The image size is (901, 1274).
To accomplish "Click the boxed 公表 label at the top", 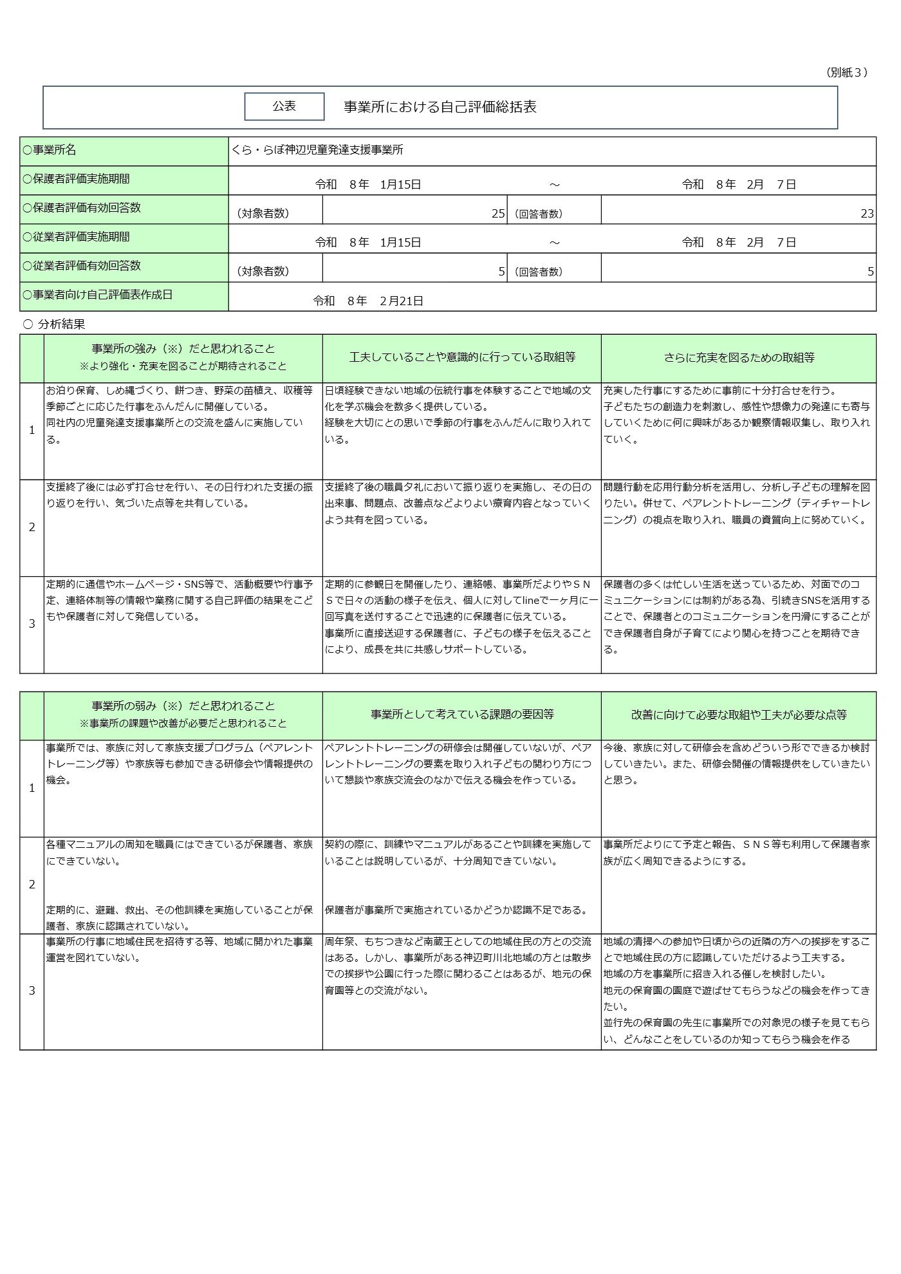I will click(284, 106).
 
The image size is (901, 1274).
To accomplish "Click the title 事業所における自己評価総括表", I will click(440, 107).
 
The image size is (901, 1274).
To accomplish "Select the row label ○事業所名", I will click(50, 150).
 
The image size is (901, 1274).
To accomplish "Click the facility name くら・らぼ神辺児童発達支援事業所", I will click(317, 150).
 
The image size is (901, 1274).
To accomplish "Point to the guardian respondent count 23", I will click(866, 214).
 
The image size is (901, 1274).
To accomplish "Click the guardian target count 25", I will click(498, 214).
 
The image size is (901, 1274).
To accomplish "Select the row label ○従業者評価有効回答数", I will click(82, 266).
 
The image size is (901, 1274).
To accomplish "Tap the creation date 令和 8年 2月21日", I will click(368, 301).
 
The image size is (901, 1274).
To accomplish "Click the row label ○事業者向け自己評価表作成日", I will click(98, 295).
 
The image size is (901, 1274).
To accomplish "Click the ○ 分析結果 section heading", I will click(54, 324).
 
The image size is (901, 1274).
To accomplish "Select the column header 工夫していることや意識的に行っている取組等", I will click(461, 357).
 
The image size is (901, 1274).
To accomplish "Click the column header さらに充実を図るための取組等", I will click(739, 357).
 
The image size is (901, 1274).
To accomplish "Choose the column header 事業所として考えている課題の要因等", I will click(461, 715).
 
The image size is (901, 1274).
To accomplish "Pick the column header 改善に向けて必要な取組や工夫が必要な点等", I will click(739, 715).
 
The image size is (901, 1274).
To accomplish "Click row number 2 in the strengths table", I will click(32, 527).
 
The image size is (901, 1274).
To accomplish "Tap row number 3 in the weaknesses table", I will click(32, 991).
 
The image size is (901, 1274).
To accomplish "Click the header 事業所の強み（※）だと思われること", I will click(183, 349).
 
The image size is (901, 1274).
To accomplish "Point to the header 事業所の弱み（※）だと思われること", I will click(183, 706).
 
